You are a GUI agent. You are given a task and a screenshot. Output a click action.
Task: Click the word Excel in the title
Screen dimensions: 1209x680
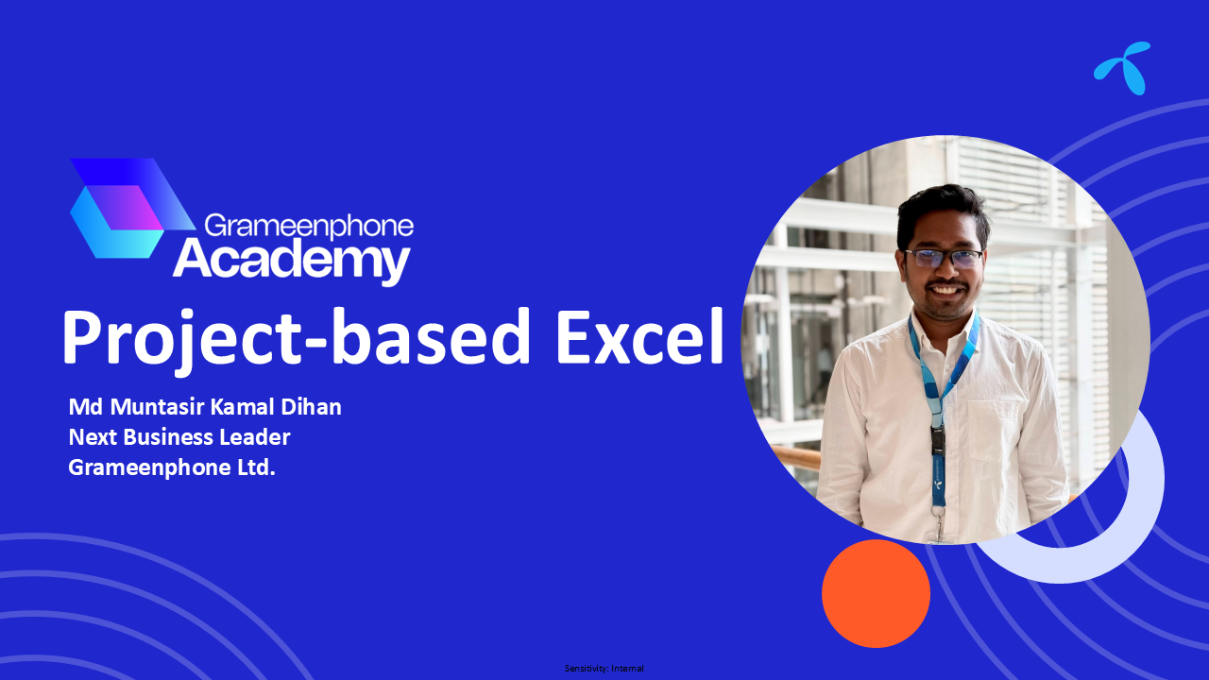[x=639, y=336]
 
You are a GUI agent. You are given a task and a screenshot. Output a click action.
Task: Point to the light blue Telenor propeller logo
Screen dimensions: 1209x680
[x=1123, y=68]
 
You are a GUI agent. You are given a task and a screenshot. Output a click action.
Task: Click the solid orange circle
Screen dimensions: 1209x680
[x=876, y=593]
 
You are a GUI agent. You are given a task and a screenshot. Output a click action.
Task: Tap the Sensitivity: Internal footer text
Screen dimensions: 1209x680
[x=604, y=668]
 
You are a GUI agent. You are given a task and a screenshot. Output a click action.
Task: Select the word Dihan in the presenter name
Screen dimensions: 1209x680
[x=311, y=407]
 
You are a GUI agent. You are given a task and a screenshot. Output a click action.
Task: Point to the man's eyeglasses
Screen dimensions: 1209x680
[x=945, y=259]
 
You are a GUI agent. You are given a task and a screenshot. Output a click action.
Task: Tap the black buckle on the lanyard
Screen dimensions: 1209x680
[x=938, y=440]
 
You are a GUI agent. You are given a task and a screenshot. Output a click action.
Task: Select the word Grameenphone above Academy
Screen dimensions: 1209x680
[x=309, y=226]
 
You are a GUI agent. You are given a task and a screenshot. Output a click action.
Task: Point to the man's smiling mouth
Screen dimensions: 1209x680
[x=945, y=290]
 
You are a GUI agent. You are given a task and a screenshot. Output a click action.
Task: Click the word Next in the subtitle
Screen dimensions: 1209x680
[x=93, y=437]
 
